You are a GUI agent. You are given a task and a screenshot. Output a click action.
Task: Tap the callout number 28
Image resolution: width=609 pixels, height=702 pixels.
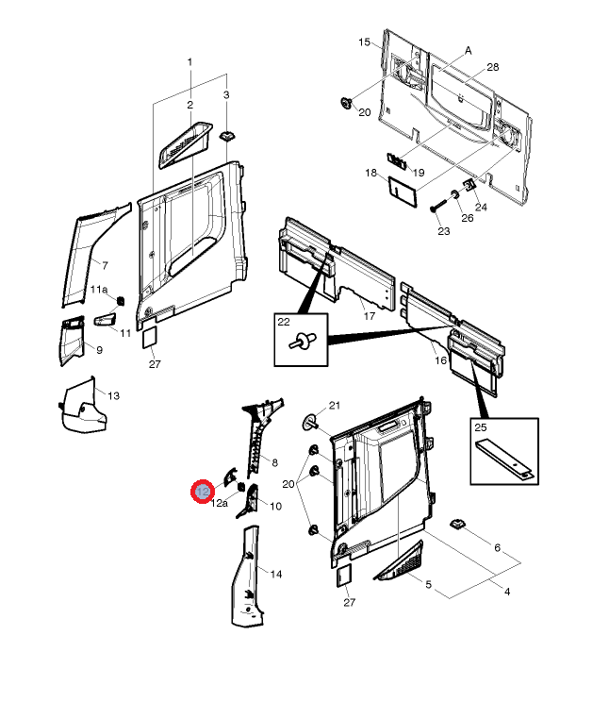[492, 68]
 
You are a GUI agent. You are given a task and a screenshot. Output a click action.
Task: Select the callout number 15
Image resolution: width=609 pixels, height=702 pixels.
[364, 43]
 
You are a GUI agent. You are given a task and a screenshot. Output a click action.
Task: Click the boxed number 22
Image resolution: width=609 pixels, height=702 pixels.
[284, 323]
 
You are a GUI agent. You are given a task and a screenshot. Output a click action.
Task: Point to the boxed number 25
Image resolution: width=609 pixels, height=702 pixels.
[480, 427]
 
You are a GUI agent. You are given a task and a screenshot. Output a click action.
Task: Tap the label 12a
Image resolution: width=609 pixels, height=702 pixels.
[218, 504]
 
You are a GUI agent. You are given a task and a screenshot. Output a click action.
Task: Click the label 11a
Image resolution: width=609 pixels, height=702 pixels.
[99, 290]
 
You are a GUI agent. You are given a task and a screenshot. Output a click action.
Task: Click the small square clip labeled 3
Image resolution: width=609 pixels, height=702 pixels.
[226, 136]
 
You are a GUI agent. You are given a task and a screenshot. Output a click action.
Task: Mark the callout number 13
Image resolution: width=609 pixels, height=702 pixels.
[113, 395]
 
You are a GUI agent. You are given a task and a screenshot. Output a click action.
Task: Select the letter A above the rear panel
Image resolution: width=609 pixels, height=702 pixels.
[468, 51]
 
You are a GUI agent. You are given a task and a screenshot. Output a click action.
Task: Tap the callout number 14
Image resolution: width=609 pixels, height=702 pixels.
[276, 574]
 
